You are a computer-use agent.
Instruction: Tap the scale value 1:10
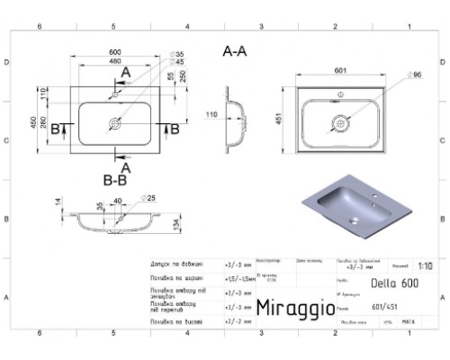(425, 265)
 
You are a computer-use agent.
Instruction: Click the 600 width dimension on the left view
(115, 52)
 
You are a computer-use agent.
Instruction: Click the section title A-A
(235, 52)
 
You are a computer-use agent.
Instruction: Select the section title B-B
(114, 180)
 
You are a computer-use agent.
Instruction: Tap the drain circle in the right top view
(339, 121)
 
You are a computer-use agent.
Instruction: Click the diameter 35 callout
(179, 55)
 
